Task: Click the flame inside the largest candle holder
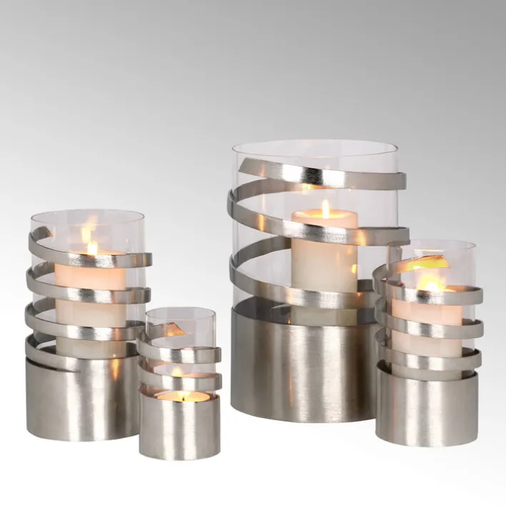[x=325, y=209]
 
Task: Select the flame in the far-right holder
[x=430, y=282]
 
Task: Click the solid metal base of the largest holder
[x=304, y=364]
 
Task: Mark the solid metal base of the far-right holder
[x=427, y=407]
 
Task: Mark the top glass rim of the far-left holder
[x=87, y=212]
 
